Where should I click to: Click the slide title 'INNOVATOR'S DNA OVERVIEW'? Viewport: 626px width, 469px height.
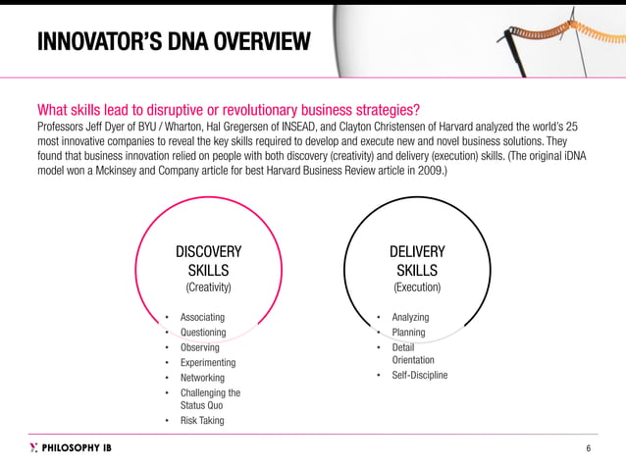(173, 42)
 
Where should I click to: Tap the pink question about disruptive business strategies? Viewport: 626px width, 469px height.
(229, 109)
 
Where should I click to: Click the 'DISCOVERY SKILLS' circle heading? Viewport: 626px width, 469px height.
(207, 261)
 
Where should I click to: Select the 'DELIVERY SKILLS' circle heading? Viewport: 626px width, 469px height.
(416, 261)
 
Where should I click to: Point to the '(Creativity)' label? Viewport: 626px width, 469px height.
(207, 287)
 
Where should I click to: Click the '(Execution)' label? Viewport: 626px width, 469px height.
(416, 287)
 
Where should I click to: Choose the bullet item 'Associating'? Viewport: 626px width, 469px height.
(202, 317)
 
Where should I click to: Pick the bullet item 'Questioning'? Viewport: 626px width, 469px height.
(203, 333)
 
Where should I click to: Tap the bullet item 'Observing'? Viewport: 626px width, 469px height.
(200, 347)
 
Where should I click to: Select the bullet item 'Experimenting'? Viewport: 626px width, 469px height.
(208, 362)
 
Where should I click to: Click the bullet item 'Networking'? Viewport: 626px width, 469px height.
(202, 378)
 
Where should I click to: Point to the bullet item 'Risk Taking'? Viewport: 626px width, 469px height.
(202, 420)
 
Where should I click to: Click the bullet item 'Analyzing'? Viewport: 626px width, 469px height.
(410, 317)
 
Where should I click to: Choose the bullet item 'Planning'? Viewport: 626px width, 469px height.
(408, 333)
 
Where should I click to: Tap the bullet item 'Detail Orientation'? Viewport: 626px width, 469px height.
(412, 353)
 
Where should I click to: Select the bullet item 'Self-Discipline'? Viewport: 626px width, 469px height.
(419, 375)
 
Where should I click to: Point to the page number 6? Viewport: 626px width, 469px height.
(588, 449)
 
